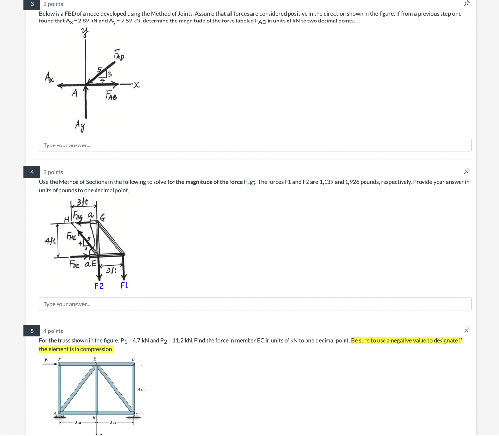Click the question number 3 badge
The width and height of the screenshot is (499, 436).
[x=32, y=4]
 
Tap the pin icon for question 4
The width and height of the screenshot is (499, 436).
[x=466, y=172]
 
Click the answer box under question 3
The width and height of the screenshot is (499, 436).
[x=255, y=145]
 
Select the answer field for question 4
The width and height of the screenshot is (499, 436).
[x=255, y=304]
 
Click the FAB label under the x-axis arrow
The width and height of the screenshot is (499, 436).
[x=112, y=97]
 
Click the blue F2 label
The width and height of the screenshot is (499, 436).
[x=99, y=286]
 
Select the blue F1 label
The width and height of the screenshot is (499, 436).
[x=124, y=285]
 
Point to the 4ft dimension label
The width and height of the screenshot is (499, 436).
[x=50, y=241]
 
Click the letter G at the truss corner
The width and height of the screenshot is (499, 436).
[x=103, y=216]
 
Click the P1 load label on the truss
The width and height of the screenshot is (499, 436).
[x=47, y=361]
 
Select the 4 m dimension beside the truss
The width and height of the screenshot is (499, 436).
[x=141, y=389]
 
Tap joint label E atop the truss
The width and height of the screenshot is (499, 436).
[x=95, y=359]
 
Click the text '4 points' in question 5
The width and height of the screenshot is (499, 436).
[x=53, y=331]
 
